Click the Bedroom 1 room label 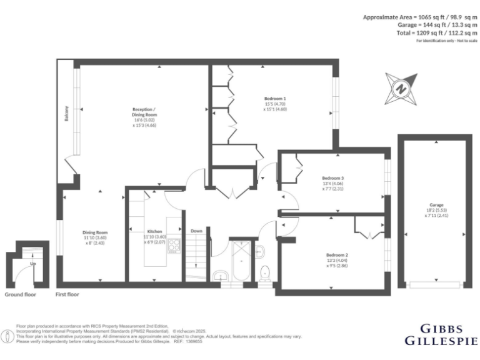[x=274, y=99]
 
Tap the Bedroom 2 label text [x=337, y=254]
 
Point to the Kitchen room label [x=154, y=231]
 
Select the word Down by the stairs [x=196, y=231]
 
